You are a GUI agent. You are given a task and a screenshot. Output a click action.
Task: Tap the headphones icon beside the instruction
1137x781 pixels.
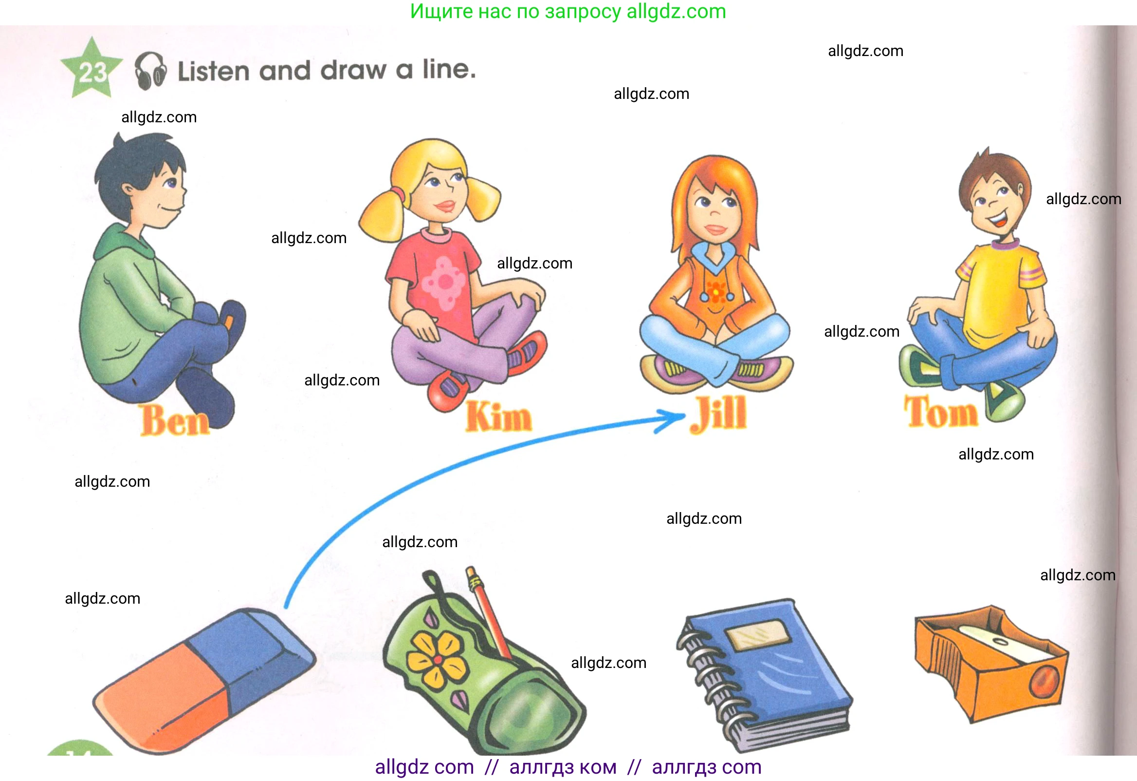151,71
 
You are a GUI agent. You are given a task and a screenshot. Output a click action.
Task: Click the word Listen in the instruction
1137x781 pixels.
213,72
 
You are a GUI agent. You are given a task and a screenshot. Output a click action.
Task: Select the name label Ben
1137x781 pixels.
175,420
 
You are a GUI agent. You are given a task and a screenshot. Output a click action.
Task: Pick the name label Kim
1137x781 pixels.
498,416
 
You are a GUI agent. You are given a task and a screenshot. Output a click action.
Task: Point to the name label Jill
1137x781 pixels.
718,414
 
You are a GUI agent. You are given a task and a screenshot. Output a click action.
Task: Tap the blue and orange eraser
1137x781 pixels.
204,680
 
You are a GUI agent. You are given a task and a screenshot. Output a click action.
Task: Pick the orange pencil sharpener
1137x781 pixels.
991,664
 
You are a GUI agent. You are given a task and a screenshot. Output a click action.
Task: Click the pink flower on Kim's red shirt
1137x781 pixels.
444,283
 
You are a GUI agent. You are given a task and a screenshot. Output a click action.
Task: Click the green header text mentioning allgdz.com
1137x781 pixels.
568,11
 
